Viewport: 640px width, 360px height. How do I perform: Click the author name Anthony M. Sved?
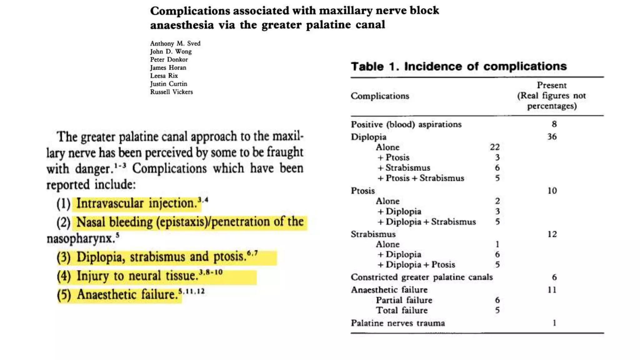click(x=175, y=43)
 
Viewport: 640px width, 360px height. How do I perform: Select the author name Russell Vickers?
click(x=171, y=92)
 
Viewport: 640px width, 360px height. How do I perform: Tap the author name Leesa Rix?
click(x=164, y=76)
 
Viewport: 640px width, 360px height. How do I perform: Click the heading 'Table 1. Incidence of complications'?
click(x=458, y=66)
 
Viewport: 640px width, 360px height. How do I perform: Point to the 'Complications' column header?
click(x=380, y=96)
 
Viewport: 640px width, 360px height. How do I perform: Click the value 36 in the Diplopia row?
click(x=552, y=137)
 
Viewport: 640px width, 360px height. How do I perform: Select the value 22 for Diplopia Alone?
click(x=495, y=147)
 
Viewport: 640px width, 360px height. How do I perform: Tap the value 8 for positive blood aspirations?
click(x=554, y=124)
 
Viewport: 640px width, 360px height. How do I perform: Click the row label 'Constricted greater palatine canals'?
click(x=422, y=277)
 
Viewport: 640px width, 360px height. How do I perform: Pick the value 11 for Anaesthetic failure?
click(x=552, y=290)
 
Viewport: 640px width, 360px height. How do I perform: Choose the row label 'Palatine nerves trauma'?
click(x=398, y=323)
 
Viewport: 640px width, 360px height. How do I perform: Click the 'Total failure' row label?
click(x=402, y=310)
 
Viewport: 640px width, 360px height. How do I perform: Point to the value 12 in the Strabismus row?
click(x=552, y=234)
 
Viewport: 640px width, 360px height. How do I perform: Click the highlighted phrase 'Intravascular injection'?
click(x=136, y=203)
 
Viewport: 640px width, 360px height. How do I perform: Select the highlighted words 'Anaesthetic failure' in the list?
click(x=127, y=295)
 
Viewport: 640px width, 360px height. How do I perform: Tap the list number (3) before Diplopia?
click(x=64, y=257)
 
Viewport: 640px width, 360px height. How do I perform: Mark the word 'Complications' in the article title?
click(x=190, y=11)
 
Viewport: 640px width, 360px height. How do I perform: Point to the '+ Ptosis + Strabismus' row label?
click(x=421, y=178)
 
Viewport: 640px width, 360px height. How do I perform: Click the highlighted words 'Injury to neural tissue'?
click(x=137, y=276)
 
